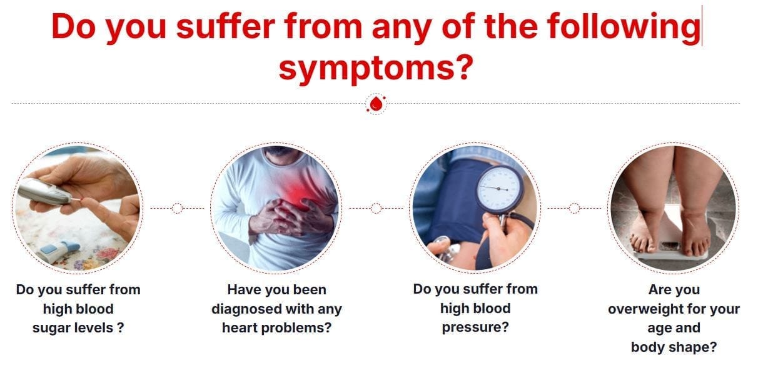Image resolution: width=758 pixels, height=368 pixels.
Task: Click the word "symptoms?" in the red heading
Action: [x=376, y=68]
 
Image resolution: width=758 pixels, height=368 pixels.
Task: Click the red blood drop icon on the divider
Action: [x=376, y=104]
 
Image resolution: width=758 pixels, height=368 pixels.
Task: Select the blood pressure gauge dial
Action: [x=498, y=189]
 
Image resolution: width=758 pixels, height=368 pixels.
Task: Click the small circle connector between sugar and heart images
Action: [x=177, y=208]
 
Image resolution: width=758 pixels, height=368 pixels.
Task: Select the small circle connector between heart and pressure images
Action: [x=376, y=208]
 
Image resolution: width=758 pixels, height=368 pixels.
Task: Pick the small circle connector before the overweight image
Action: [x=574, y=208]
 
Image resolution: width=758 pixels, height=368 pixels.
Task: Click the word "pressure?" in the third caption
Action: [x=475, y=328]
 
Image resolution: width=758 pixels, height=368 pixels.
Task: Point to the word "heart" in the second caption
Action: [x=240, y=328]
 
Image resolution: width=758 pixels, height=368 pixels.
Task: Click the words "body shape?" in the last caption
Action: [x=674, y=347]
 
